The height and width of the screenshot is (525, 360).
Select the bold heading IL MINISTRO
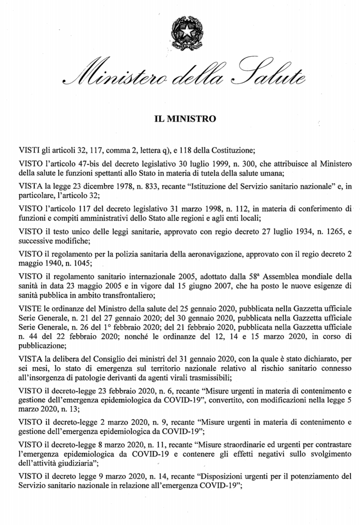point(185,118)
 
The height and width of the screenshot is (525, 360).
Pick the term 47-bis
point(95,164)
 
